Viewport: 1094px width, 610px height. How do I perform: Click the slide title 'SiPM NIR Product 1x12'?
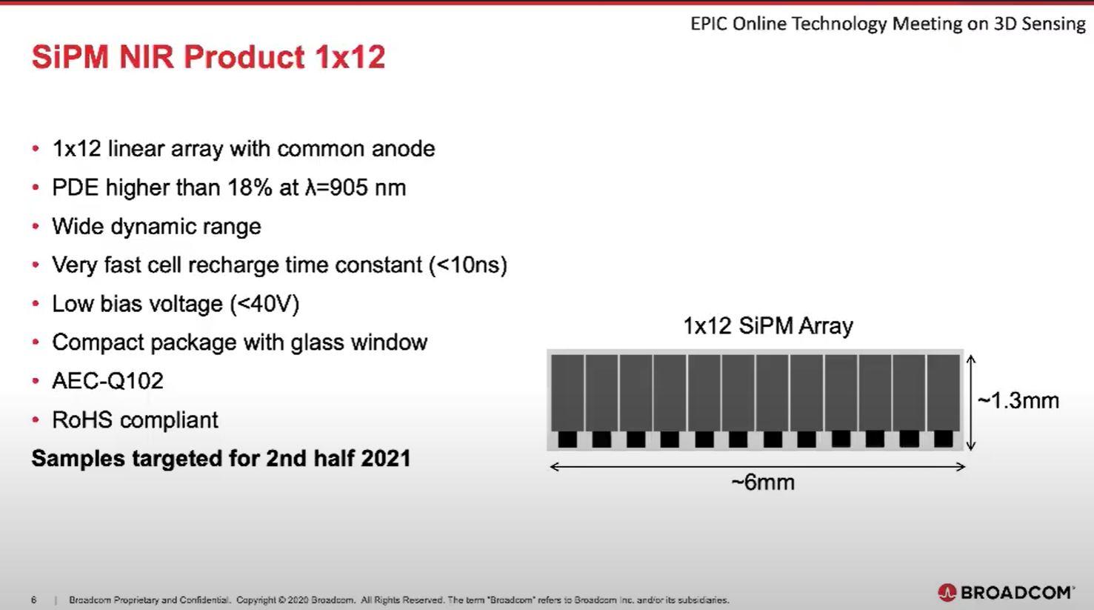point(208,57)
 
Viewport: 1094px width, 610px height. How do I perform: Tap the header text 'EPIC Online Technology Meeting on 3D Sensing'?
point(887,24)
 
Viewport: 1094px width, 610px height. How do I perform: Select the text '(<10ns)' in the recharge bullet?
point(468,265)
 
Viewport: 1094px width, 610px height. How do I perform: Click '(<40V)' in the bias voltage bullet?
point(264,304)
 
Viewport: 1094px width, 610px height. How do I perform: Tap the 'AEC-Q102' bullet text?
point(107,381)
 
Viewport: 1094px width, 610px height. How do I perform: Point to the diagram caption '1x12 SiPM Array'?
point(767,326)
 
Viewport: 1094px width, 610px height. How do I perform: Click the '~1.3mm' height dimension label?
point(1018,401)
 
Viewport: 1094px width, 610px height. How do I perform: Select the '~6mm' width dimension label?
point(762,483)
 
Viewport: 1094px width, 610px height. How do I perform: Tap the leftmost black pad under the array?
point(567,439)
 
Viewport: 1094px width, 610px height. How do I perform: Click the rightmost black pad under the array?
point(943,439)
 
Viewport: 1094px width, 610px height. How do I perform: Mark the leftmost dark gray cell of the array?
point(567,391)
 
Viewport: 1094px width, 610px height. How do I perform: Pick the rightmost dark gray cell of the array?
point(943,391)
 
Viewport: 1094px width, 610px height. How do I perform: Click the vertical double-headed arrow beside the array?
point(971,402)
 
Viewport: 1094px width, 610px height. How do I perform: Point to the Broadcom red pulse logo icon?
point(947,592)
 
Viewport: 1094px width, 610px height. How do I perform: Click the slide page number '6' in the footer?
point(34,600)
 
